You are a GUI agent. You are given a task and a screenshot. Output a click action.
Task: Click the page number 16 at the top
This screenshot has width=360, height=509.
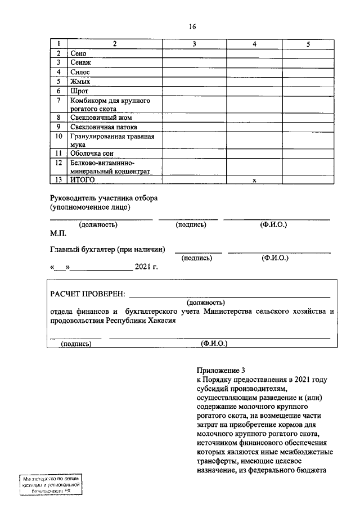click(191, 26)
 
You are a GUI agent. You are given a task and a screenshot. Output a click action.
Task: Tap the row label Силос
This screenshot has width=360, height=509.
click(80, 73)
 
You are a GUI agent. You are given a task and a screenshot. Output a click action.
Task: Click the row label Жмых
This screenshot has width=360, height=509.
click(80, 82)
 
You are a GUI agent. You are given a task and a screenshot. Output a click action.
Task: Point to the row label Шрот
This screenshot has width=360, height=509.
click(79, 91)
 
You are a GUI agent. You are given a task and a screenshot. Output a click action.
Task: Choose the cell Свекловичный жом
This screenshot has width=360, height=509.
click(101, 118)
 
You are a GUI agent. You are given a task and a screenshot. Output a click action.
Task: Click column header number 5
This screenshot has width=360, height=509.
click(308, 44)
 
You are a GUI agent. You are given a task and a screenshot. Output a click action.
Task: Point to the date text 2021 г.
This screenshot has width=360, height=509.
click(146, 267)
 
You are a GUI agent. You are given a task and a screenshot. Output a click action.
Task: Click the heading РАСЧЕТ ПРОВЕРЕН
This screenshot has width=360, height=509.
click(88, 294)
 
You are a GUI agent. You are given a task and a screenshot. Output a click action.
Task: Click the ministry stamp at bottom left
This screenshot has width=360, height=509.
click(50, 484)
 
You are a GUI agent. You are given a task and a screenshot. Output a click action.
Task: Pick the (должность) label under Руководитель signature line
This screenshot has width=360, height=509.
click(98, 224)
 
